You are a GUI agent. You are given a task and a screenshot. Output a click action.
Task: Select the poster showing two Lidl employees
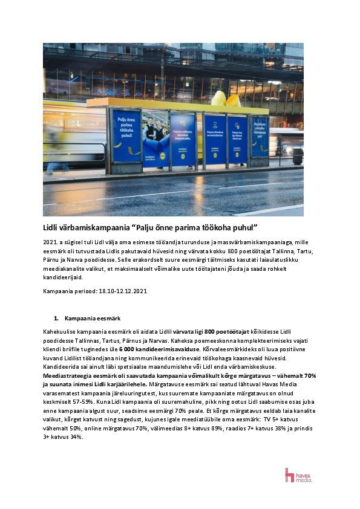click(x=155, y=138)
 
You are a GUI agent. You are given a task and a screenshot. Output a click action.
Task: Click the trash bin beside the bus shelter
click(x=297, y=155)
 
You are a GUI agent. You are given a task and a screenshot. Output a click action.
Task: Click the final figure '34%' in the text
click(x=74, y=437)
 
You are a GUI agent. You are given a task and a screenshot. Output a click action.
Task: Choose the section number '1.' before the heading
click(x=56, y=317)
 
